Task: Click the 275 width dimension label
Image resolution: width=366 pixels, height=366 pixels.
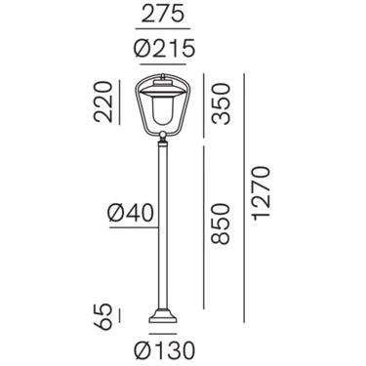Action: click(x=163, y=15)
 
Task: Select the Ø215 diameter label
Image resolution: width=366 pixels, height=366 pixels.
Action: click(x=164, y=48)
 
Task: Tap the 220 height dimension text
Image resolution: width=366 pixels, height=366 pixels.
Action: click(x=102, y=102)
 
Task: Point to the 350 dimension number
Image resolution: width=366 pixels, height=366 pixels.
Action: click(x=221, y=103)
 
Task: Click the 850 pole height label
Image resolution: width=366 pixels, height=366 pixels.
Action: click(x=221, y=224)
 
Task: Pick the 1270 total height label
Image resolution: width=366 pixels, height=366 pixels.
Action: click(x=262, y=193)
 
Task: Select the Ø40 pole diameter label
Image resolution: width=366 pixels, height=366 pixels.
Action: click(x=131, y=214)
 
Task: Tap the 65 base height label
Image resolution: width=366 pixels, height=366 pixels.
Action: click(x=102, y=317)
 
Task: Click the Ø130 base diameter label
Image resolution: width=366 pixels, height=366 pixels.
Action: click(x=164, y=350)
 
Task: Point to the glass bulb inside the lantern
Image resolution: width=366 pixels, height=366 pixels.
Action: click(x=162, y=110)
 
